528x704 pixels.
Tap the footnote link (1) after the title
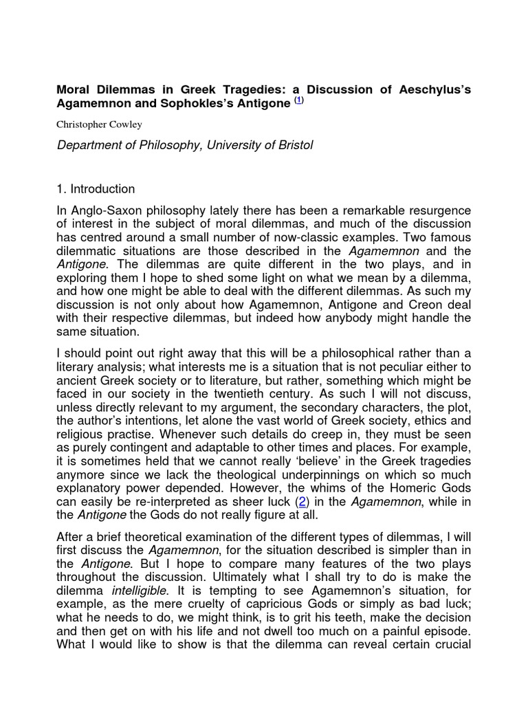click(x=298, y=101)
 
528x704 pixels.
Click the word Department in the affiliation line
click(x=90, y=146)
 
